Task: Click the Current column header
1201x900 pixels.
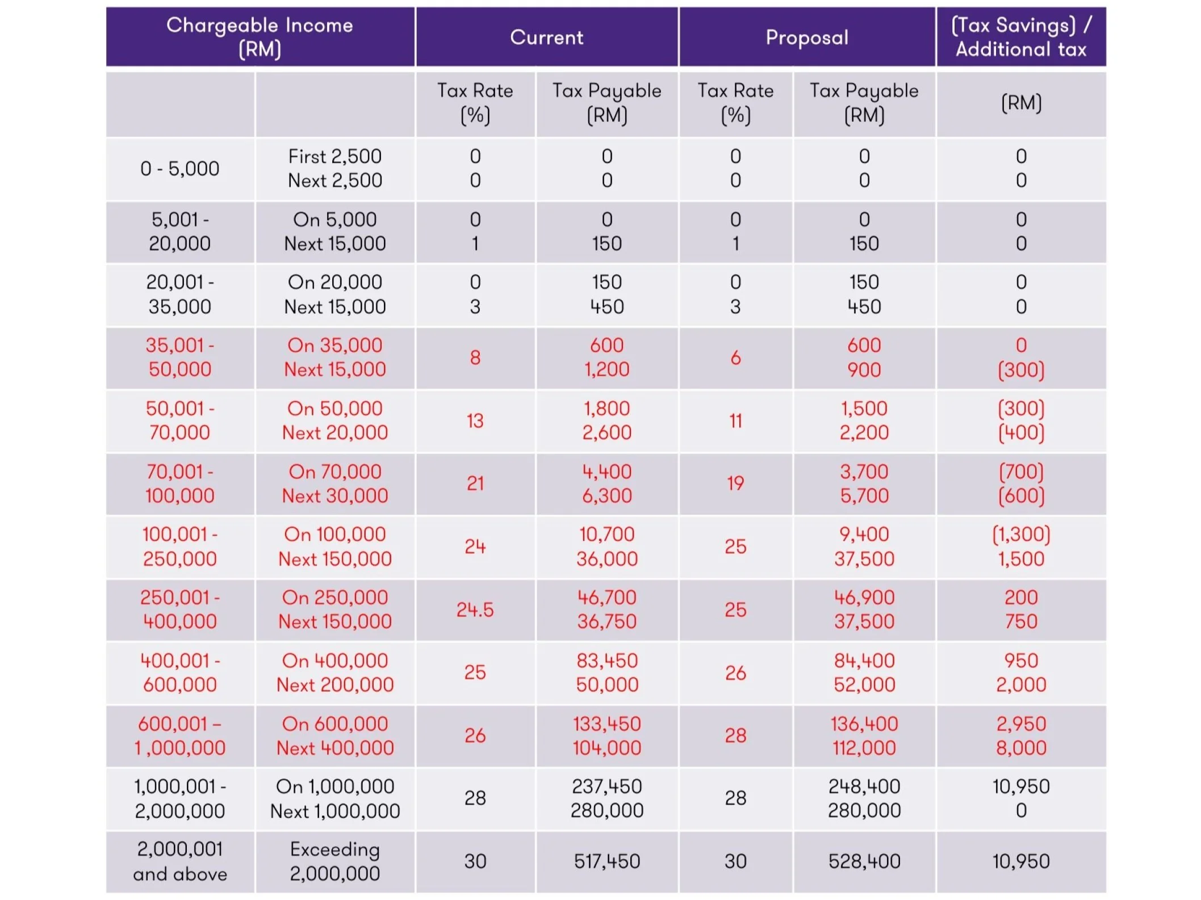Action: (546, 37)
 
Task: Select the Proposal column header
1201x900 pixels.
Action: (806, 37)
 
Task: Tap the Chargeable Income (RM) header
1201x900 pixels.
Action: (260, 37)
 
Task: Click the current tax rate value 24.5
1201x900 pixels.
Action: (475, 609)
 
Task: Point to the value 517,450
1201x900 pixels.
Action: (606, 861)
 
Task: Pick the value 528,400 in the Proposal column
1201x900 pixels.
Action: (864, 861)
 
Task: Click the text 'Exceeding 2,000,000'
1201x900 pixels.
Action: (334, 861)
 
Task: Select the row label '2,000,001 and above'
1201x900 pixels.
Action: (180, 861)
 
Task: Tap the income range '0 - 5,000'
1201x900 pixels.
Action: (179, 169)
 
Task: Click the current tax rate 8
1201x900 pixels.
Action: (475, 358)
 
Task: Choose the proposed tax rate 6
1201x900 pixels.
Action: (735, 358)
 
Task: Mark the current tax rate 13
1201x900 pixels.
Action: (475, 420)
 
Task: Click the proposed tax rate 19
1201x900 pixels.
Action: (735, 483)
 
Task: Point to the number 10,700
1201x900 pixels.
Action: (606, 534)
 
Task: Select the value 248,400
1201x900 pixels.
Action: (864, 787)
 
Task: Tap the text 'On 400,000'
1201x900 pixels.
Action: (334, 661)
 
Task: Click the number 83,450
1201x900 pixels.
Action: (606, 661)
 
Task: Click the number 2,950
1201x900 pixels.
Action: (1020, 724)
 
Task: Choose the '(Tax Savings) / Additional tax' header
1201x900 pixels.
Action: (1020, 37)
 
